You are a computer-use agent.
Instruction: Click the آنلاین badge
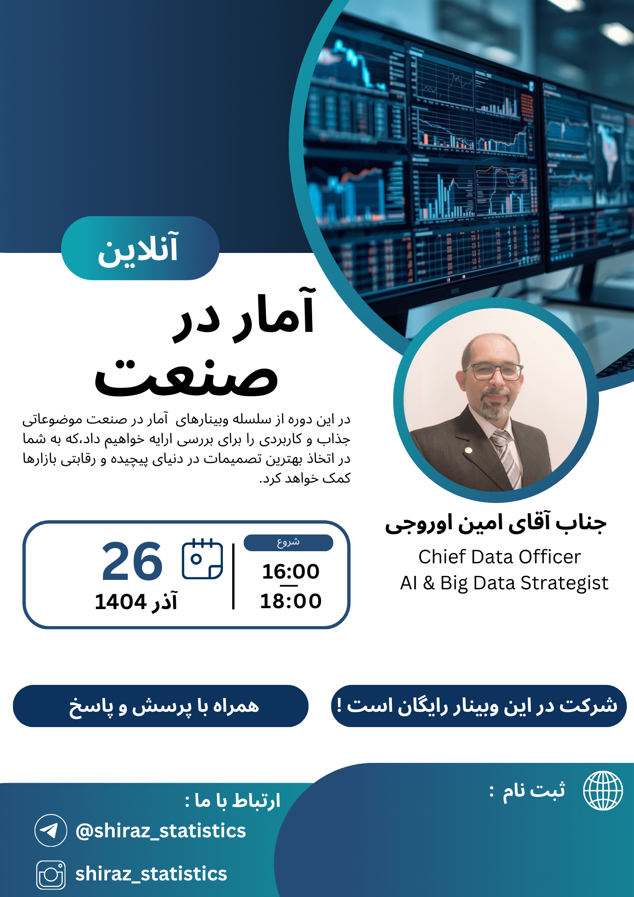[140, 248]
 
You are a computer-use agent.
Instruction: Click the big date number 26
[132, 561]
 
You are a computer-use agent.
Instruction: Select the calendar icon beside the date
[202, 558]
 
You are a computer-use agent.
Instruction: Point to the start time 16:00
[291, 571]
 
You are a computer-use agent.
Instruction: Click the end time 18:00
[291, 601]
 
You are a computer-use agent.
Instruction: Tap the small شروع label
[288, 542]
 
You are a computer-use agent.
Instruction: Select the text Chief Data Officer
[499, 557]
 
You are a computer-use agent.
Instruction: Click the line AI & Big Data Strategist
[504, 583]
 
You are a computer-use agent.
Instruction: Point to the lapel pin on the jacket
[469, 450]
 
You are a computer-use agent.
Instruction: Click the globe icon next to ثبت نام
[603, 791]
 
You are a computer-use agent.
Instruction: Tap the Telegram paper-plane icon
[51, 830]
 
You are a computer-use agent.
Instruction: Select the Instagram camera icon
[51, 875]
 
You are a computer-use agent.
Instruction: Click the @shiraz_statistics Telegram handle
[161, 831]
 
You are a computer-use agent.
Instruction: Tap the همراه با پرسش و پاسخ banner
[161, 706]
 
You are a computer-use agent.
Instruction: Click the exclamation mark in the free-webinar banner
[339, 705]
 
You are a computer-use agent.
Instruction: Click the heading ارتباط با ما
[233, 801]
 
